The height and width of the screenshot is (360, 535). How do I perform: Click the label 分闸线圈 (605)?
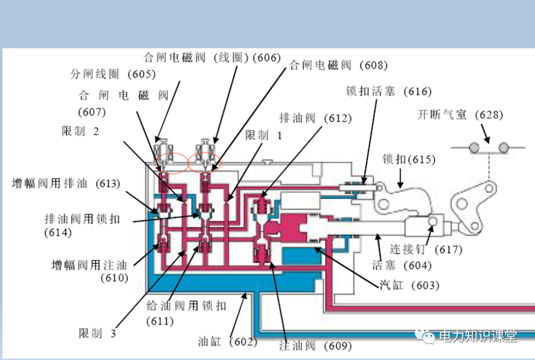coord(113,74)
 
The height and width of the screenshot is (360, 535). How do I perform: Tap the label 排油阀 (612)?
coord(315,118)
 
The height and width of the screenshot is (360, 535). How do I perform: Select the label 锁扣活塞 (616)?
coord(389,92)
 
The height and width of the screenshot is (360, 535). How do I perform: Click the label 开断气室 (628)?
coord(460,115)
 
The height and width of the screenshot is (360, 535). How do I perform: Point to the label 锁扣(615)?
coord(409,159)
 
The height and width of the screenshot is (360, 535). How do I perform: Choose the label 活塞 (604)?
coord(402,265)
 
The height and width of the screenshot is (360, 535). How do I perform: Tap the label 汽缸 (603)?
coord(409,285)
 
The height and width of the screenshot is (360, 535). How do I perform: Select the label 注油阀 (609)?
coord(315,346)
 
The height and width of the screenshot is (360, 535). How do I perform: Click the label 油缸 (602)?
coord(227,342)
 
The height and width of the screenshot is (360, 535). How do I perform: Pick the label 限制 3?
coord(97,333)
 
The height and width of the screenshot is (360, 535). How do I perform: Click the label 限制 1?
coord(264,135)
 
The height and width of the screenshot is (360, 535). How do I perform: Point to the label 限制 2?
coord(80,131)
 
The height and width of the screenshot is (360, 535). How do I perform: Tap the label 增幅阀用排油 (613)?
coord(66,183)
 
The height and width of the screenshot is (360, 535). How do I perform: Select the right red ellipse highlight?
coord(204,162)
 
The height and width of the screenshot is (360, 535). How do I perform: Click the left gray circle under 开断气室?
coord(475,148)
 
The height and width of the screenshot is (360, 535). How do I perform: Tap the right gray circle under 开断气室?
coord(504,148)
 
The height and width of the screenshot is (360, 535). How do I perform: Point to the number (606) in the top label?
coord(267,57)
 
